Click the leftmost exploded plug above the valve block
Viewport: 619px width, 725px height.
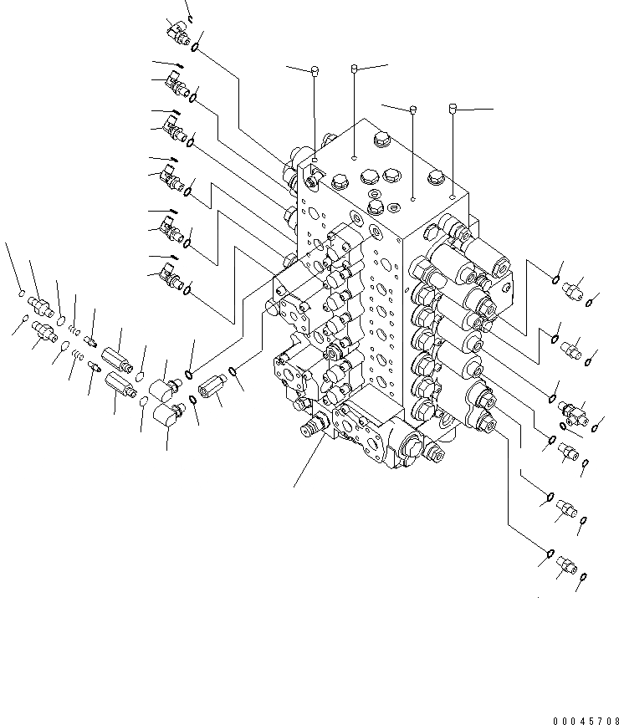tap(315, 69)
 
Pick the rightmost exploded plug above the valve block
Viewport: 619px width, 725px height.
tap(453, 108)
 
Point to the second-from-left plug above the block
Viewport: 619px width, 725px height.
tap(355, 67)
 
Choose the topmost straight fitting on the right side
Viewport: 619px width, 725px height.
tap(574, 292)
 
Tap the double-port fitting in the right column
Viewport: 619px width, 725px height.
tap(572, 410)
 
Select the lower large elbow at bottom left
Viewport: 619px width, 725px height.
tap(171, 414)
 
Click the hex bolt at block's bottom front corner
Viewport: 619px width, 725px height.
tap(435, 454)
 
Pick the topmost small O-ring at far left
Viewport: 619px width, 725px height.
tap(21, 292)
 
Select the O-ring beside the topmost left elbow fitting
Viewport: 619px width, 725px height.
tap(195, 47)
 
